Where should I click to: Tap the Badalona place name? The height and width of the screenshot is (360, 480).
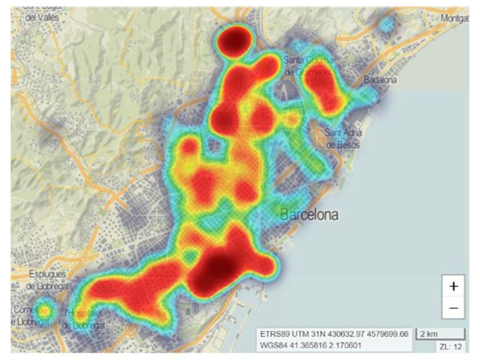381,80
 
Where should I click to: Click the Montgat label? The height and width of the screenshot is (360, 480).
454,19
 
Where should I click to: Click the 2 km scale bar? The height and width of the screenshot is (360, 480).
441,332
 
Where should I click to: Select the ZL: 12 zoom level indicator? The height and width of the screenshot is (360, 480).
451,346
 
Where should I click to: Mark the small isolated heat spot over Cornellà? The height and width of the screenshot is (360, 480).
44,309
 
